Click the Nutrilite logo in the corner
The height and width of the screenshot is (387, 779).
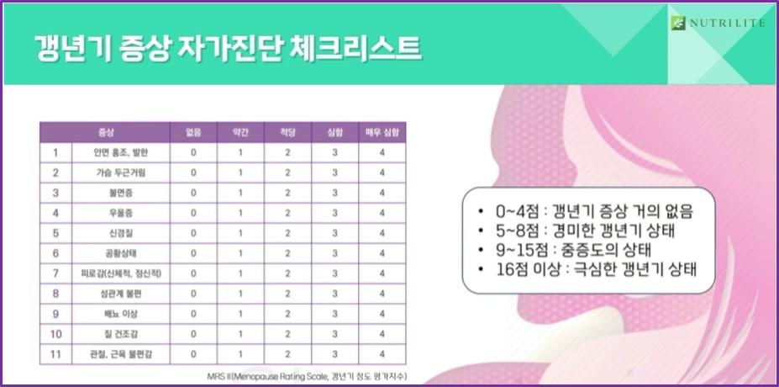(x=718, y=23)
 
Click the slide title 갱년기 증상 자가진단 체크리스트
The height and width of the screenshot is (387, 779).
(x=227, y=47)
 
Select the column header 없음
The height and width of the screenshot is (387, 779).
(x=193, y=132)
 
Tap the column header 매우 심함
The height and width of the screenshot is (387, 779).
(x=382, y=132)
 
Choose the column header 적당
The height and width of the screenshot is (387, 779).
(x=287, y=132)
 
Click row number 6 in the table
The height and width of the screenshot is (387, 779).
(x=56, y=253)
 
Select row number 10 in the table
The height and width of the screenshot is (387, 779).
(x=56, y=334)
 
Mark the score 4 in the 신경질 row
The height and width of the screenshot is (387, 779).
(x=382, y=233)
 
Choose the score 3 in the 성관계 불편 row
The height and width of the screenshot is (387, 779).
(x=334, y=294)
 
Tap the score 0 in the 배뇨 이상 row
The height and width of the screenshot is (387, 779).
(x=193, y=314)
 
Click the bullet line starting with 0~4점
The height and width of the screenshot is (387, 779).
(x=588, y=210)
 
